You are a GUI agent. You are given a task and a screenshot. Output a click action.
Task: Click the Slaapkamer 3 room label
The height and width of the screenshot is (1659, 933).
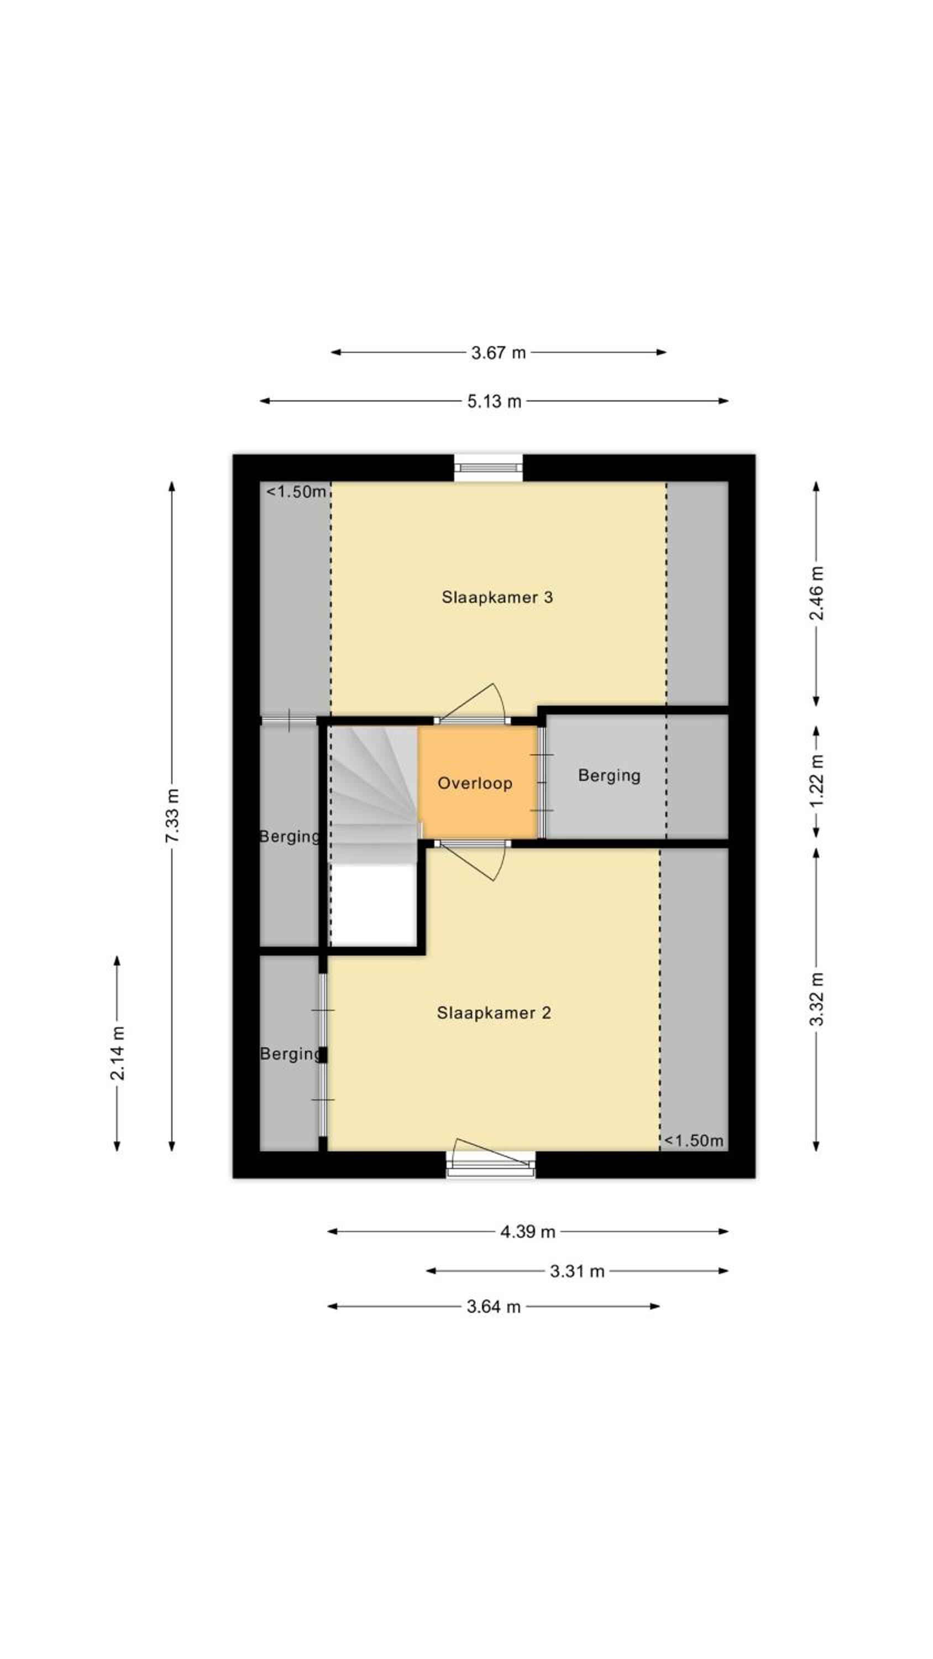496,597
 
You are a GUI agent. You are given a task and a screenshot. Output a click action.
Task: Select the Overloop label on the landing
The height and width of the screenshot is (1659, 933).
475,783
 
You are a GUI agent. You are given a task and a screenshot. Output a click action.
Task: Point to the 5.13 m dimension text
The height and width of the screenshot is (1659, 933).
494,401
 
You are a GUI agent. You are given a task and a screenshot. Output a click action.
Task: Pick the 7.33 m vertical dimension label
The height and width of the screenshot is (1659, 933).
172,815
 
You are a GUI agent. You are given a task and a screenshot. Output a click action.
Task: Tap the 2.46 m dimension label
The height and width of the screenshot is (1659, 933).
816,592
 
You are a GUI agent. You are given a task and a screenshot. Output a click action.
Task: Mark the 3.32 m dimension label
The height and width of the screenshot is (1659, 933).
816,999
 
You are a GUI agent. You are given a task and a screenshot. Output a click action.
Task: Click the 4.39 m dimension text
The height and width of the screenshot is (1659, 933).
527,1232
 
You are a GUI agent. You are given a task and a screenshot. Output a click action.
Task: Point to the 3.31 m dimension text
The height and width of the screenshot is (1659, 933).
577,1271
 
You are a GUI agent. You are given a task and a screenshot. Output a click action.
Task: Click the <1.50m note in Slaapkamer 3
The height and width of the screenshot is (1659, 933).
296,492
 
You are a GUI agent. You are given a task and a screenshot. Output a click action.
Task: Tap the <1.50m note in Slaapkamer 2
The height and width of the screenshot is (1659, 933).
694,1140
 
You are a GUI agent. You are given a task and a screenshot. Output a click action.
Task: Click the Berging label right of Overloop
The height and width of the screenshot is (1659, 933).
609,775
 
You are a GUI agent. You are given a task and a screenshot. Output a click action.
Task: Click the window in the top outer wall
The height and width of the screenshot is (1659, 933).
488,468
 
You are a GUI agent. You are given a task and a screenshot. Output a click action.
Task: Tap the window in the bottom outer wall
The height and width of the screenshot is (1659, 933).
491,1165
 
